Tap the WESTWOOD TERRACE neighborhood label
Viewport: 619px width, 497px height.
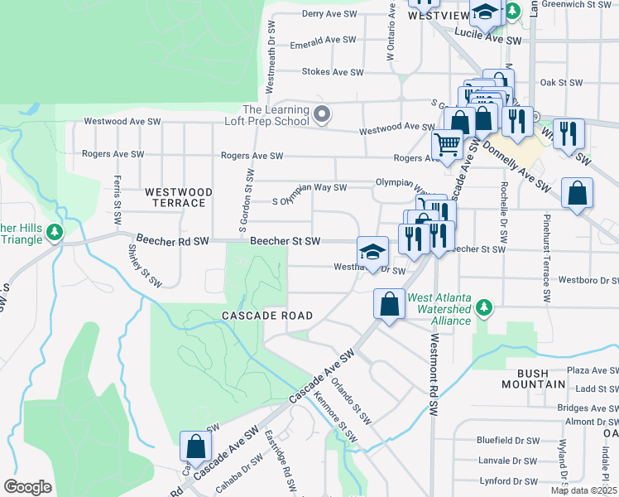178,197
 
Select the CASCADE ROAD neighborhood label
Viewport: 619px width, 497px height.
267,316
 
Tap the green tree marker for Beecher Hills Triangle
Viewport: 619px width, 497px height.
55,231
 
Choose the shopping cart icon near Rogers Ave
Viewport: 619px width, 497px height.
448,145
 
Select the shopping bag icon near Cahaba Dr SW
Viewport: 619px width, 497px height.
195,446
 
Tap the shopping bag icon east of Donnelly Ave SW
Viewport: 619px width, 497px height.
577,193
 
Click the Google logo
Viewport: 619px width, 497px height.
27,486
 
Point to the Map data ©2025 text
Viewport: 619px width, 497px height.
583,490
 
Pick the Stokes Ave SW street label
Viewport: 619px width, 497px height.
333,73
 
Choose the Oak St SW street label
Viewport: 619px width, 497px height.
561,83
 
